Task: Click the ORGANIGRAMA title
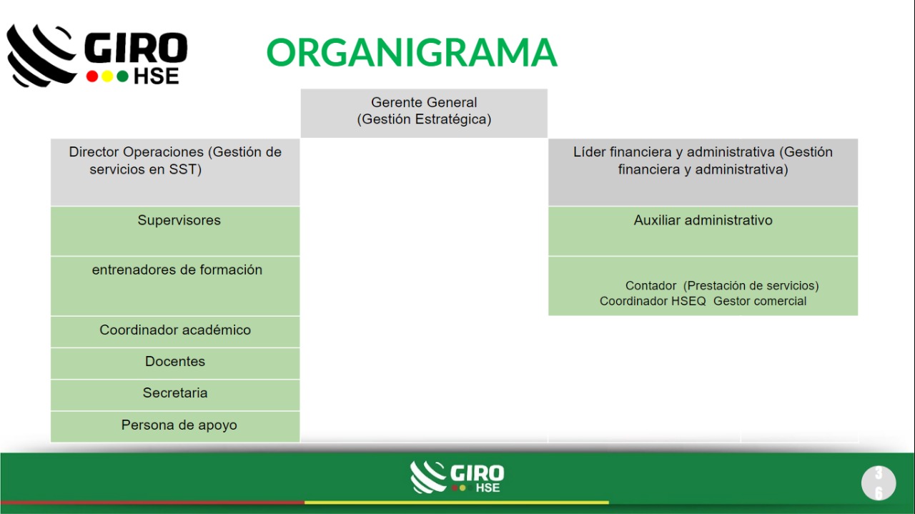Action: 412,52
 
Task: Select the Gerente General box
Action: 424,113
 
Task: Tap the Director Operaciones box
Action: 175,172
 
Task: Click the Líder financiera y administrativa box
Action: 703,172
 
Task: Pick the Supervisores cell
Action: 175,231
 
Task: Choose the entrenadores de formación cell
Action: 175,286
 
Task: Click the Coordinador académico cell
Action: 175,332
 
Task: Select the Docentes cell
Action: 175,363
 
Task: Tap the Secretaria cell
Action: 175,395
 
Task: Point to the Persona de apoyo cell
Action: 175,427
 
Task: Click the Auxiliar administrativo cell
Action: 703,231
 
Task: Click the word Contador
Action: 651,286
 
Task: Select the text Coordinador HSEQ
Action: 653,301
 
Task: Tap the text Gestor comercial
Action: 760,301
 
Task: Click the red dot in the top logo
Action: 92,76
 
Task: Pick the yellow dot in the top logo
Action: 107,76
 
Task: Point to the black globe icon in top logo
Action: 41,56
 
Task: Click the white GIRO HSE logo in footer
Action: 457,478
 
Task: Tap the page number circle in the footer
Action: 879,483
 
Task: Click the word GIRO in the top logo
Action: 136,48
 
